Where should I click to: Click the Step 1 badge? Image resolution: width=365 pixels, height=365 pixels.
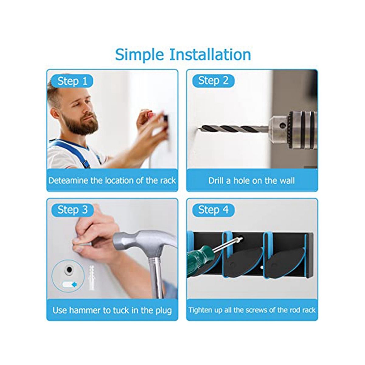click(x=72, y=81)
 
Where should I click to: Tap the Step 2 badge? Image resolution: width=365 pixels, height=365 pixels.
click(x=214, y=81)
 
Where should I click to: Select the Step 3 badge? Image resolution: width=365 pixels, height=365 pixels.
click(x=72, y=210)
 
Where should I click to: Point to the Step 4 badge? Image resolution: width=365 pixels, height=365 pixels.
click(x=214, y=210)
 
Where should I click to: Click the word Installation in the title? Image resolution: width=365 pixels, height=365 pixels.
click(x=210, y=55)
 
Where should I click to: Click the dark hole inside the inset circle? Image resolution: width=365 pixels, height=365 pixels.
click(x=69, y=269)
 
